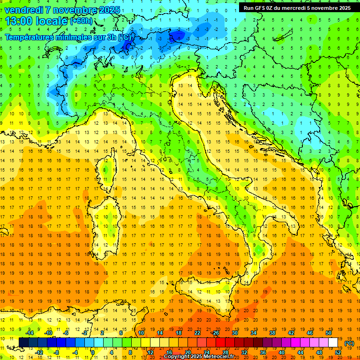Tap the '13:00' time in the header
pyautogui.click(x=18, y=21)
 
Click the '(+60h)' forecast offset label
pyautogui.click(x=81, y=21)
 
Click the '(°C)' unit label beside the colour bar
pyautogui.click(x=349, y=343)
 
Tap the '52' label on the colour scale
pyautogui.click(x=338, y=352)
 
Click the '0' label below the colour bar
pyautogui.click(x=93, y=352)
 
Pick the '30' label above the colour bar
pyautogui.click(x=235, y=333)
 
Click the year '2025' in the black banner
pyautogui.click(x=344, y=8)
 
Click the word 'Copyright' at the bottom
pyautogui.click(x=176, y=357)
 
